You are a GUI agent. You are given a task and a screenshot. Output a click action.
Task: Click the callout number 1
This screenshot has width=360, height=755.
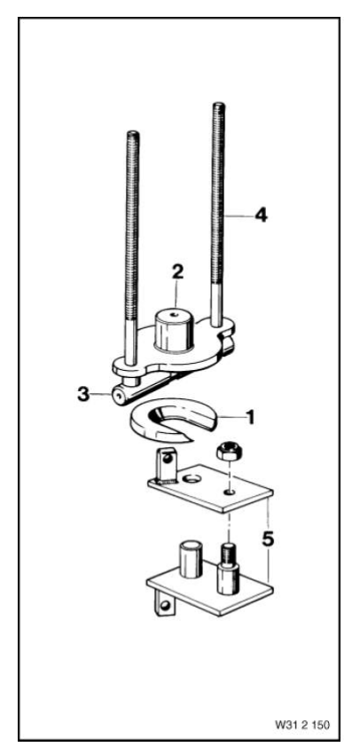click(252, 415)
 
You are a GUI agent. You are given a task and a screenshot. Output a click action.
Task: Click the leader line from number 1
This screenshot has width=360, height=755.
click(230, 415)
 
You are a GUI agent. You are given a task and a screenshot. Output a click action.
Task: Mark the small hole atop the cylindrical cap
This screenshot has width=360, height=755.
click(176, 311)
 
